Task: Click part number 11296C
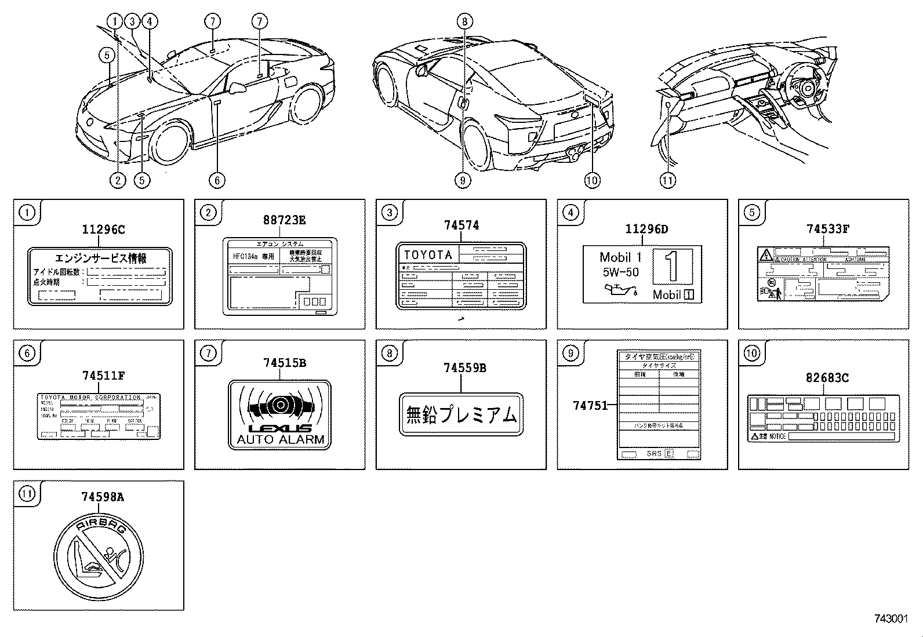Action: click(103, 230)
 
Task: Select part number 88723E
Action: click(284, 220)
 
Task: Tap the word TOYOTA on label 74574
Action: click(428, 255)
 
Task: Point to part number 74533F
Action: click(827, 228)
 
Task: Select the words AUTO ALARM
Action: click(280, 439)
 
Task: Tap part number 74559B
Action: click(464, 367)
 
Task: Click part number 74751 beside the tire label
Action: click(590, 406)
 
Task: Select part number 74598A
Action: click(102, 497)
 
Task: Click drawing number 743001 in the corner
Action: click(890, 618)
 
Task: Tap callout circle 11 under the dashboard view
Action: click(667, 180)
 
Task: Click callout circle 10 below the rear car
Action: click(591, 180)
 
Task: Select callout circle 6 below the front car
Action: click(216, 180)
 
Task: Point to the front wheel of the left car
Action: click(172, 143)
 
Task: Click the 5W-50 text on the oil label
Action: click(620, 272)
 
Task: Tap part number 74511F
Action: click(103, 376)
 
